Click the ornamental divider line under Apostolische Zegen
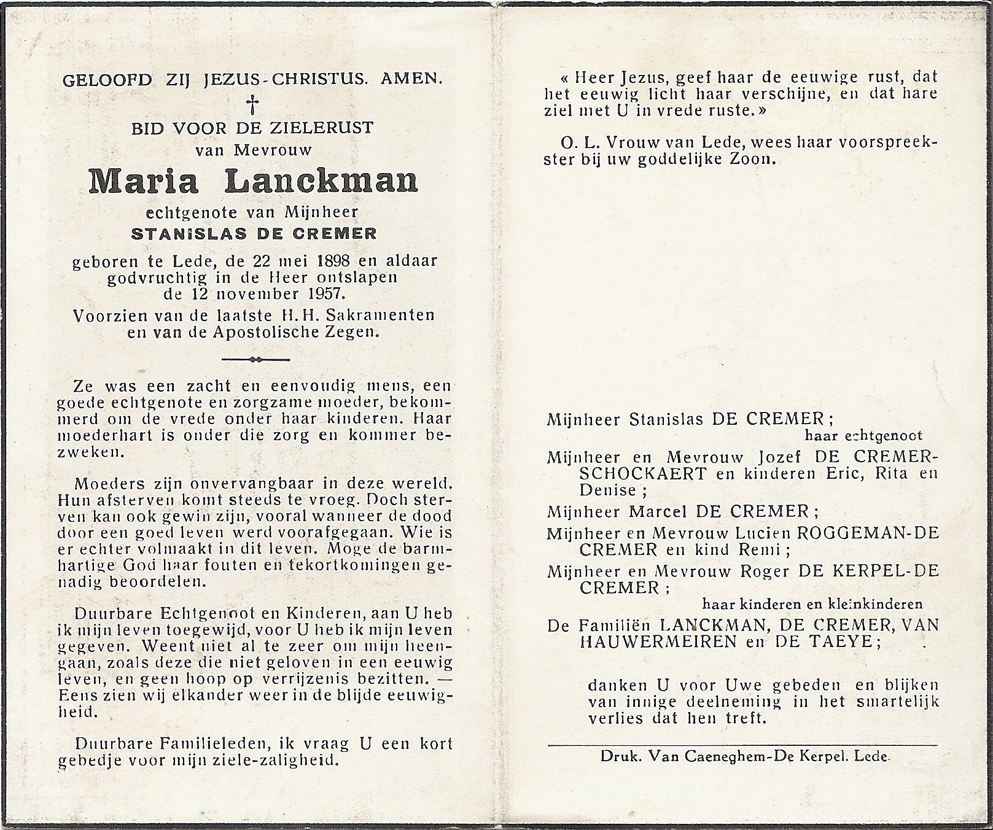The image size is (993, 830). click(255, 359)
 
